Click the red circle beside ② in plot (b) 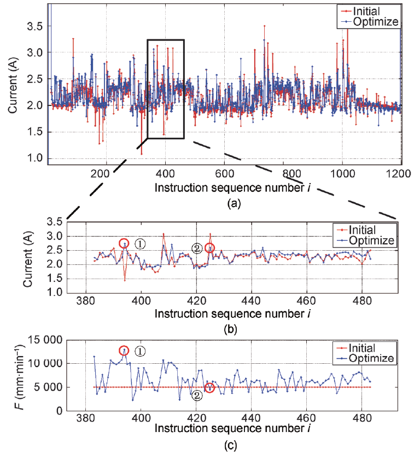click(x=209, y=249)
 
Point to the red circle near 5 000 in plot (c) click(x=210, y=388)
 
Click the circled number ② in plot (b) click(x=197, y=248)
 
